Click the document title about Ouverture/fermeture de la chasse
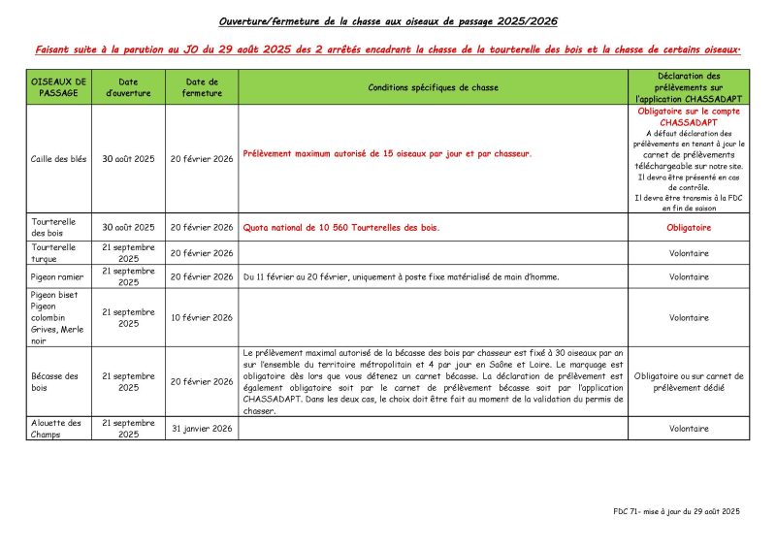tap(387, 20)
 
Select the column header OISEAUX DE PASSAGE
tap(59, 87)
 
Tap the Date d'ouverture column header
tap(128, 87)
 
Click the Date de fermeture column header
tap(202, 87)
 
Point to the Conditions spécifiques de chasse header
tap(433, 87)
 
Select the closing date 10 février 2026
tap(202, 317)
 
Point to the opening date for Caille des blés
tap(128, 158)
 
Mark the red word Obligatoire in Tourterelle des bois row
tap(689, 228)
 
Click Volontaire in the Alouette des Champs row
tap(689, 429)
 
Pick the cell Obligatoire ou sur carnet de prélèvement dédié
tap(689, 381)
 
